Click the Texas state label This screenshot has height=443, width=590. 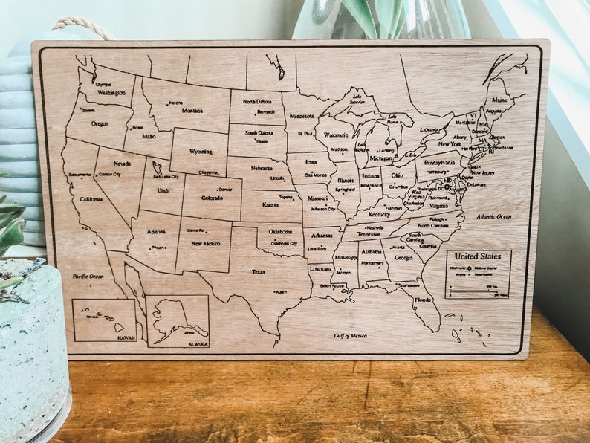258,271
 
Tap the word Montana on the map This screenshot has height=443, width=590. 192,111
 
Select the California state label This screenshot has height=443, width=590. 91,199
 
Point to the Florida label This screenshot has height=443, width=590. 423,300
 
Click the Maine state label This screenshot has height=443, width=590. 499,100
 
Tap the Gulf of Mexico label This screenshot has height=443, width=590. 349,336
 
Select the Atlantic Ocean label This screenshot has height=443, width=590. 494,216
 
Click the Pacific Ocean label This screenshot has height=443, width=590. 88,276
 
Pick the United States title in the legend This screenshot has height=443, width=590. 478,256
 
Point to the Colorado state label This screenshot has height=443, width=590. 212,198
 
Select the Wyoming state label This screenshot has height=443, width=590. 201,151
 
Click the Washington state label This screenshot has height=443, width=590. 111,93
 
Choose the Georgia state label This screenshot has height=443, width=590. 403,257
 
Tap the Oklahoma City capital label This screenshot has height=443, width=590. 284,243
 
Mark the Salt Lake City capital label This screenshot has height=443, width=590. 166,177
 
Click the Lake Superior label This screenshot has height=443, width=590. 357,99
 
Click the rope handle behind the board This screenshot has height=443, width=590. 82,26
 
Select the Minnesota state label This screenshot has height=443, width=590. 302,117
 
